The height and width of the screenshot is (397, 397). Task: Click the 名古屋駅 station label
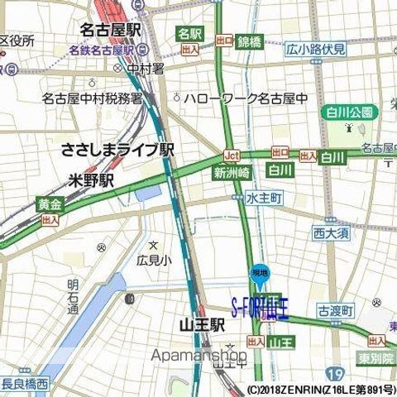[110, 31]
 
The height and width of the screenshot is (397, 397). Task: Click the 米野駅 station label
[92, 179]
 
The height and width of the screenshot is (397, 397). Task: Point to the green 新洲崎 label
[231, 173]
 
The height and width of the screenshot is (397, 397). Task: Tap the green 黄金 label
[50, 203]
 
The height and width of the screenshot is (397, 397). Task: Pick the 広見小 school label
[153, 260]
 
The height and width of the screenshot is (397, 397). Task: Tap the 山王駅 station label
[202, 326]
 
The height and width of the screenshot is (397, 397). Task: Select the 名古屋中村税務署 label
[92, 98]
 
